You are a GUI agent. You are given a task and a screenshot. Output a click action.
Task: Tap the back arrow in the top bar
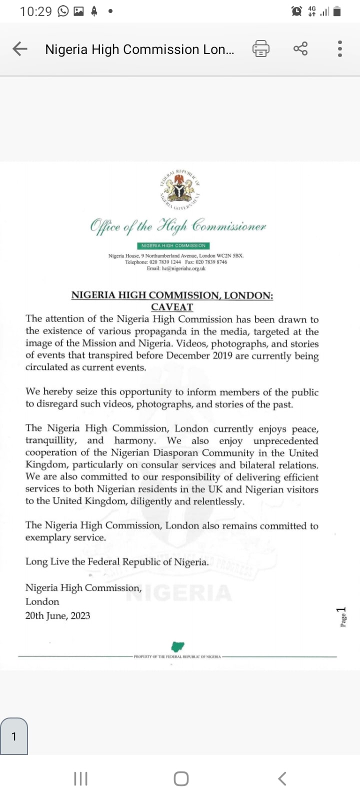coord(20,49)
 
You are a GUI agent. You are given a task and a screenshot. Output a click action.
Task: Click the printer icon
coord(260,49)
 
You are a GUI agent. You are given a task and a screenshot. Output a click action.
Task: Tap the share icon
coord(300,49)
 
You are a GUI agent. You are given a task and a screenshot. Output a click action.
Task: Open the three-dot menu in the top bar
coord(340,49)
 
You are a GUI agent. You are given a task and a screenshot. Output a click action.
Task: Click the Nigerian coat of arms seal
coord(180,190)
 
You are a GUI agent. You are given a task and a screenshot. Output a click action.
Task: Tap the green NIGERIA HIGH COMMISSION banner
coord(173,245)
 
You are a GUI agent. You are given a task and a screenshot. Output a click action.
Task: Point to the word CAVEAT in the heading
coord(172,307)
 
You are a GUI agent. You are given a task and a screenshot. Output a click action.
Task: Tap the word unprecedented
coord(286,441)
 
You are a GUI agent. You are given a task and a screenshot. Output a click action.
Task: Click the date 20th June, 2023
coord(58,615)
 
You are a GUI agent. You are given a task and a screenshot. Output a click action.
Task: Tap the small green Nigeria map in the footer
coord(177,646)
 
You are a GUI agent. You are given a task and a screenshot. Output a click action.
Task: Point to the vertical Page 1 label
coord(342,617)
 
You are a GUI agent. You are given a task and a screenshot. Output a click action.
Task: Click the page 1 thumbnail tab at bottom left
coord(14,736)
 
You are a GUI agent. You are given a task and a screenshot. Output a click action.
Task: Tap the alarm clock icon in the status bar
coord(296,11)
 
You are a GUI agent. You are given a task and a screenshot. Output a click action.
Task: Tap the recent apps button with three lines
coord(80,778)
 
